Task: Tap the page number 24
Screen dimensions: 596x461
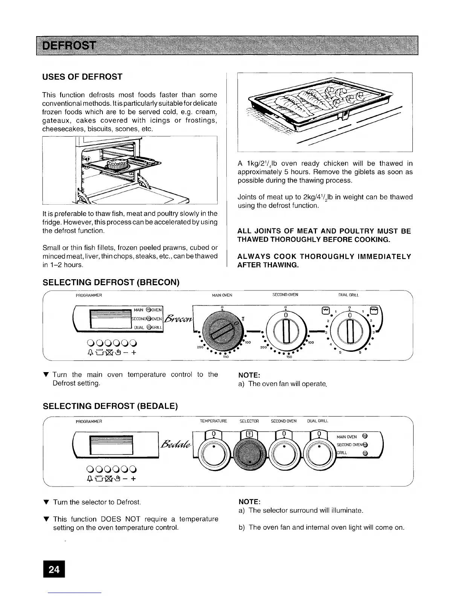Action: [x=54, y=569]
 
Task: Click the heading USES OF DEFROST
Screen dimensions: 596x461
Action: [x=82, y=77]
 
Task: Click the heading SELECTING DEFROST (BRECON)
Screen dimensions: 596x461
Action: [x=111, y=282]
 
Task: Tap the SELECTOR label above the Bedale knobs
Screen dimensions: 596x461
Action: [x=249, y=421]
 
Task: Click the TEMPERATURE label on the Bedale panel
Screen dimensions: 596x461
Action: [x=214, y=421]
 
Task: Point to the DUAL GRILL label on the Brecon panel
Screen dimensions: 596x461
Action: [x=348, y=295]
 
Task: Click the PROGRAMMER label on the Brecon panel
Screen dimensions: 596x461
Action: [x=89, y=295]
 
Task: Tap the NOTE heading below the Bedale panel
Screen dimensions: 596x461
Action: [x=249, y=502]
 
